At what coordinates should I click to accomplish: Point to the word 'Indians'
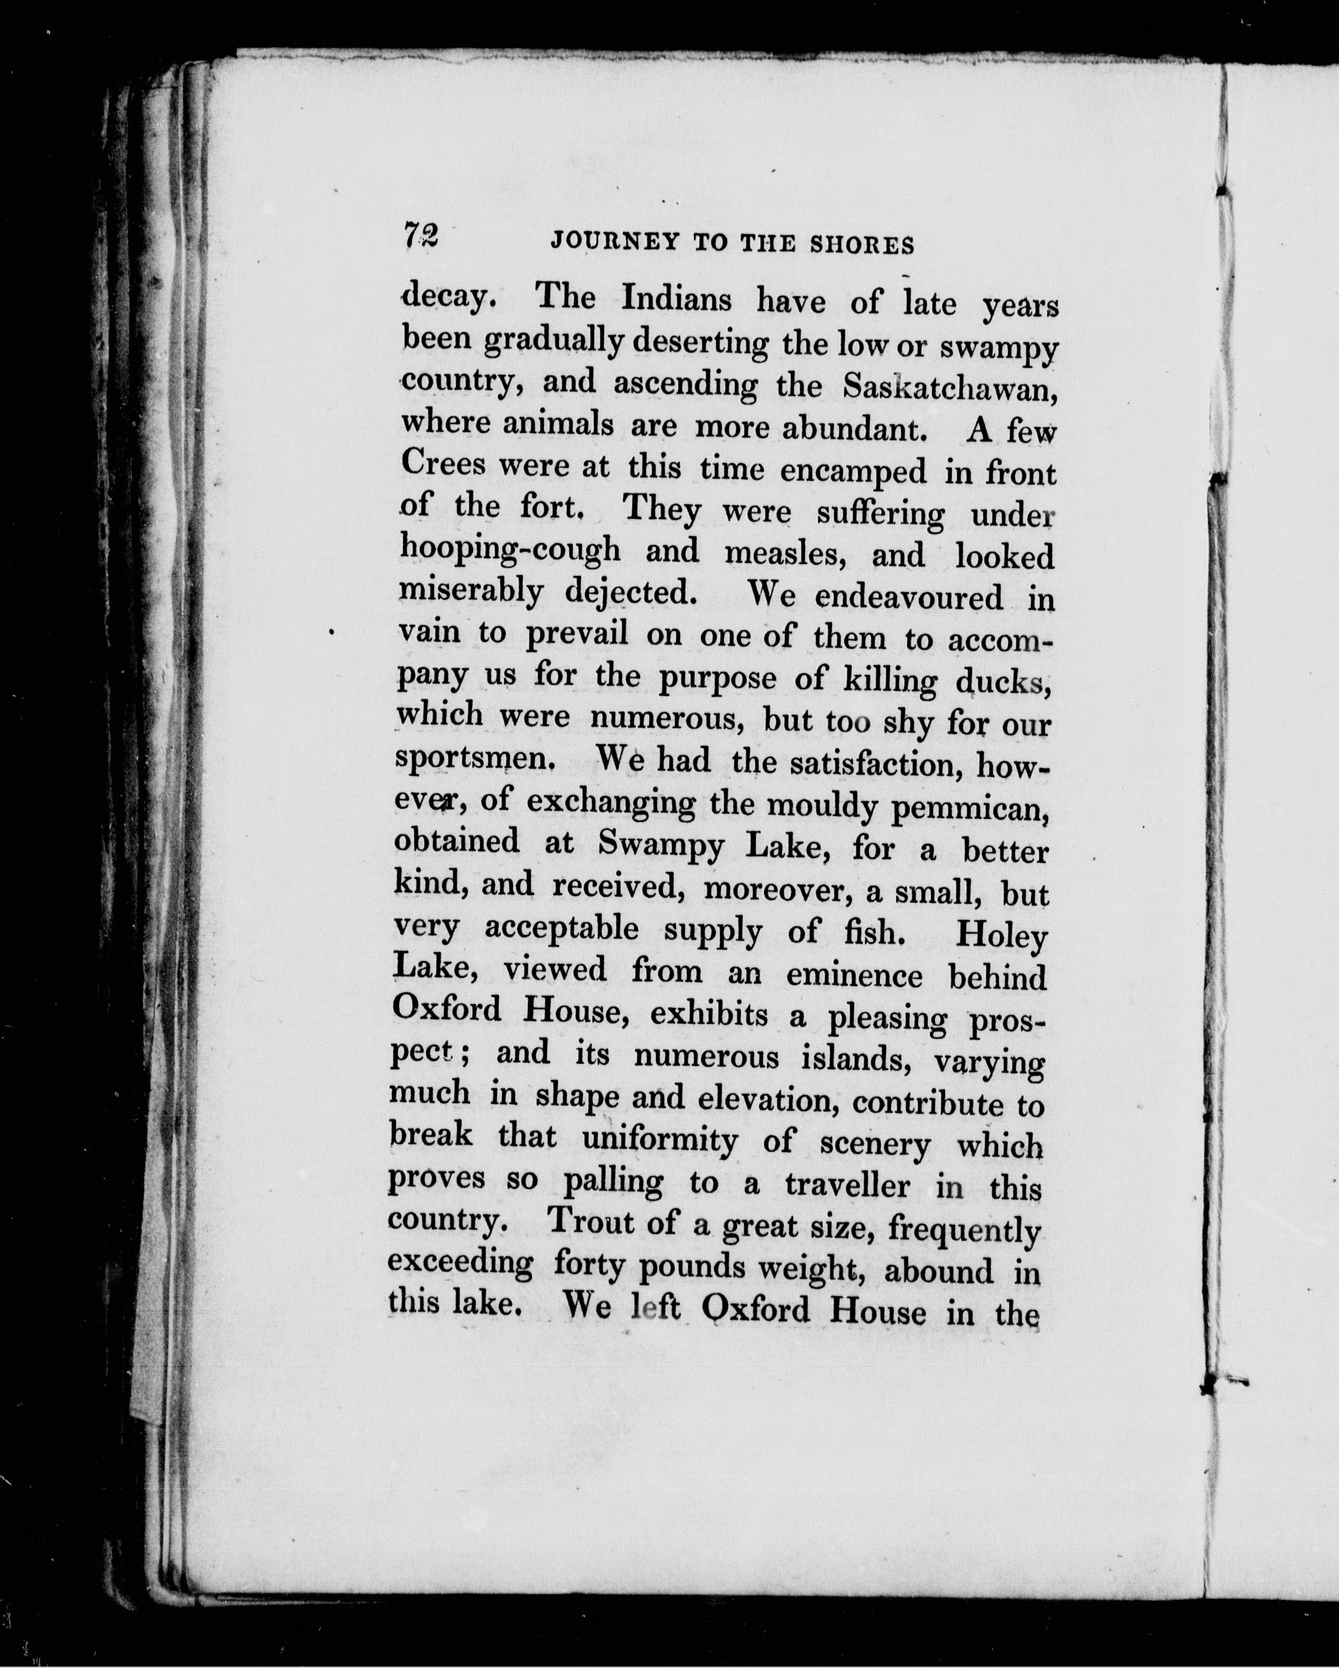coord(676,299)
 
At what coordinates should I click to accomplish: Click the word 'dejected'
coord(628,593)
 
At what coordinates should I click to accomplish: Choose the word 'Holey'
coord(1001,936)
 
